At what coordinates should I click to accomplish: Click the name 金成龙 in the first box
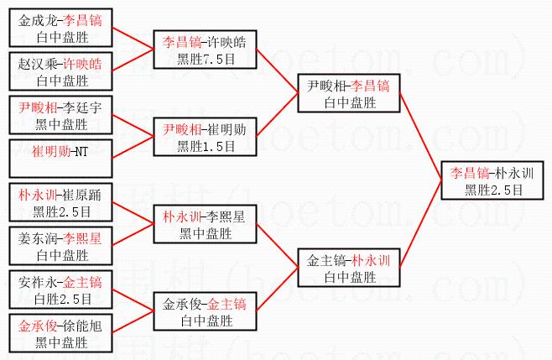click(38, 20)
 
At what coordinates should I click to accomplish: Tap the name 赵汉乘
click(38, 64)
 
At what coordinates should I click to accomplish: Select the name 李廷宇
click(82, 107)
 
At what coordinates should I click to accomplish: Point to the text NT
click(81, 152)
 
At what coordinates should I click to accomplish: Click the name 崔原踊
click(82, 196)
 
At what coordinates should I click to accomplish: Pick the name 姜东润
click(38, 239)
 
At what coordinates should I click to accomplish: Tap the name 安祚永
click(38, 283)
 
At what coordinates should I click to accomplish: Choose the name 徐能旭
click(82, 326)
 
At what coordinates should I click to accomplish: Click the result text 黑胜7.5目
click(206, 59)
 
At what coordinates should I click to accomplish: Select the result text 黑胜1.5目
click(206, 146)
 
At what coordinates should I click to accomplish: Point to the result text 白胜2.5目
click(63, 299)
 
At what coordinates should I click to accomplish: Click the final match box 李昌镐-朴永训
click(492, 180)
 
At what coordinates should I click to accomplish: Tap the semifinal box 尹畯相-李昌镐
click(349, 93)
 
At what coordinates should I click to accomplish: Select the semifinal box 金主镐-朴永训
click(349, 268)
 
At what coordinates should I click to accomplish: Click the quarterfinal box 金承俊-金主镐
click(206, 311)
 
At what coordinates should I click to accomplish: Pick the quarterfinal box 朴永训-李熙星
click(206, 224)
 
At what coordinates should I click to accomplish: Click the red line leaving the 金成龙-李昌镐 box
click(133, 39)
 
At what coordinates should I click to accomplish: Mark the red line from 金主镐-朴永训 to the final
click(420, 224)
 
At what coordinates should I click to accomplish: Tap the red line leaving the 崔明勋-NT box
click(133, 147)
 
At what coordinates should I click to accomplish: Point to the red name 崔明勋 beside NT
click(51, 152)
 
